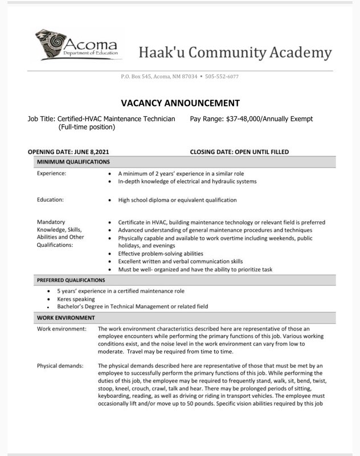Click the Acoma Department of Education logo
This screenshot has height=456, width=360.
(x=77, y=45)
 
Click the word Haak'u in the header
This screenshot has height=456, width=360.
(x=161, y=53)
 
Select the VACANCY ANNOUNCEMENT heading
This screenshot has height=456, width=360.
(x=180, y=103)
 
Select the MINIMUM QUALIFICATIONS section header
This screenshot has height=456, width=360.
(x=73, y=162)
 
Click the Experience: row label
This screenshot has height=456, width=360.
(x=51, y=173)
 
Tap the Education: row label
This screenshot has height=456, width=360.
(x=50, y=200)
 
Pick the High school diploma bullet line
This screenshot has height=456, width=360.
(x=177, y=200)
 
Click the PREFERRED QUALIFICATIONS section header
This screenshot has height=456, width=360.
(x=71, y=280)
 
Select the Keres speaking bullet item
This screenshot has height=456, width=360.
(x=76, y=299)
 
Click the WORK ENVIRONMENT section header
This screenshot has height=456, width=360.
(x=66, y=317)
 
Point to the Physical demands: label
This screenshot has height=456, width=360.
(x=60, y=365)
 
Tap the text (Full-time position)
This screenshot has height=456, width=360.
(x=87, y=127)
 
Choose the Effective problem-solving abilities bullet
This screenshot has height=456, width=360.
(x=160, y=253)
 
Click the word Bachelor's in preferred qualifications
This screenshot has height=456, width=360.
(x=73, y=306)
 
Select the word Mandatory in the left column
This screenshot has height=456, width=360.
(x=51, y=222)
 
